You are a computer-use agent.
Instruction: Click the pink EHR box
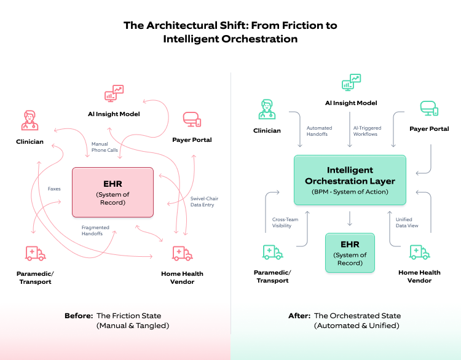(x=112, y=192)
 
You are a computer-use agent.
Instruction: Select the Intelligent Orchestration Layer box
(x=350, y=180)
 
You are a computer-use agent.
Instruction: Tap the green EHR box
(x=350, y=252)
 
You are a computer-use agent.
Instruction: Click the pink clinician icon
(x=30, y=120)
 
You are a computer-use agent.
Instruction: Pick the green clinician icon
(x=267, y=109)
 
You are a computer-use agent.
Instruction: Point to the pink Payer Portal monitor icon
(x=192, y=119)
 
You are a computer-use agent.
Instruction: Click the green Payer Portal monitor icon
(x=429, y=108)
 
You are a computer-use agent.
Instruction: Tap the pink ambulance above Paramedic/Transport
(x=35, y=253)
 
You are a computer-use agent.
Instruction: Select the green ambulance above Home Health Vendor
(x=420, y=252)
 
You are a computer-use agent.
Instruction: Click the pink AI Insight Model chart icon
(x=114, y=93)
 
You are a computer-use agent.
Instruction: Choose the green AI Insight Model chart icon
(x=351, y=82)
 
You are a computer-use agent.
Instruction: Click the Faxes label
(x=54, y=189)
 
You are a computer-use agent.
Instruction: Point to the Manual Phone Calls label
(x=104, y=147)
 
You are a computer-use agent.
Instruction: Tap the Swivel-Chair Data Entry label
(x=204, y=202)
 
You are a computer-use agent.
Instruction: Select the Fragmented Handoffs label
(x=95, y=230)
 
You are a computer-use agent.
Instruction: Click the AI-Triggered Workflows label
(x=367, y=131)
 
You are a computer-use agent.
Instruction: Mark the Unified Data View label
(x=407, y=222)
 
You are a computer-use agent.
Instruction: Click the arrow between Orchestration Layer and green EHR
(x=350, y=218)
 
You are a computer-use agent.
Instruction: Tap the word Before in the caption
(x=79, y=316)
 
